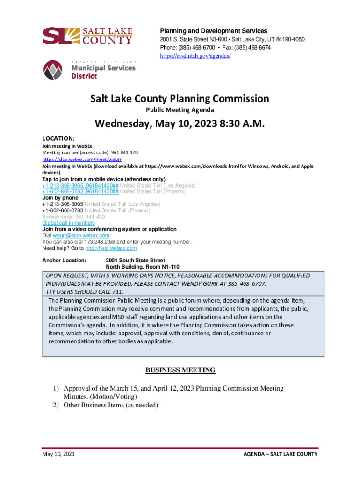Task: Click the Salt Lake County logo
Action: [x=88, y=36]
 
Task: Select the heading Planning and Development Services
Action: [x=214, y=31]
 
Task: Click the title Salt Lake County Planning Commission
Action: [x=180, y=99]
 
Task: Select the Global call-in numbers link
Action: [x=68, y=223]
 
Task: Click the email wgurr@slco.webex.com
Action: [x=81, y=236]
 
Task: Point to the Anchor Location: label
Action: [x=64, y=261]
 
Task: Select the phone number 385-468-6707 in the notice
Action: [x=246, y=284]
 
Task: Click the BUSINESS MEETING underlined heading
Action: [x=180, y=370]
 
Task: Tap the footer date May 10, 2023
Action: [x=58, y=454]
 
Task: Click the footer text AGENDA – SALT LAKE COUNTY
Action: [x=281, y=454]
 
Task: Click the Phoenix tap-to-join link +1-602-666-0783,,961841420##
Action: [x=80, y=192]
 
